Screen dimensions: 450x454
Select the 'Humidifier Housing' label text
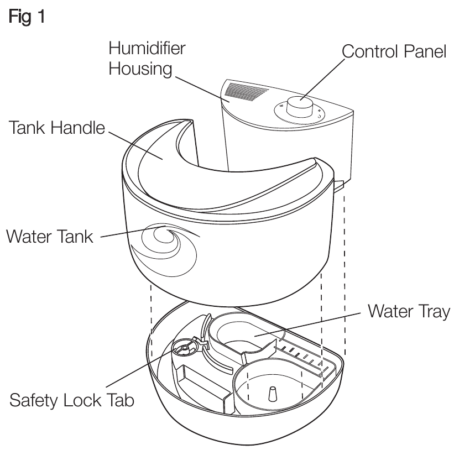pos(147,59)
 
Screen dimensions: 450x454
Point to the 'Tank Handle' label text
pos(56,129)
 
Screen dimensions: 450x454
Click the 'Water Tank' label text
pos(49,237)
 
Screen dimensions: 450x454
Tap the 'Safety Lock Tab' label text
pos(72,400)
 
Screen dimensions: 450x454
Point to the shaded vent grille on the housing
pos(249,91)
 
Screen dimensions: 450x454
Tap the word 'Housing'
pos(140,70)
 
